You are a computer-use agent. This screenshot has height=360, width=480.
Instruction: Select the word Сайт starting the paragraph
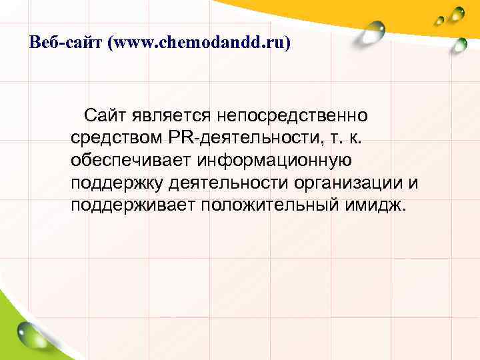pos(104,116)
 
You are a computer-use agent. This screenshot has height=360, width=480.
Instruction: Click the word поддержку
pos(116,182)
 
